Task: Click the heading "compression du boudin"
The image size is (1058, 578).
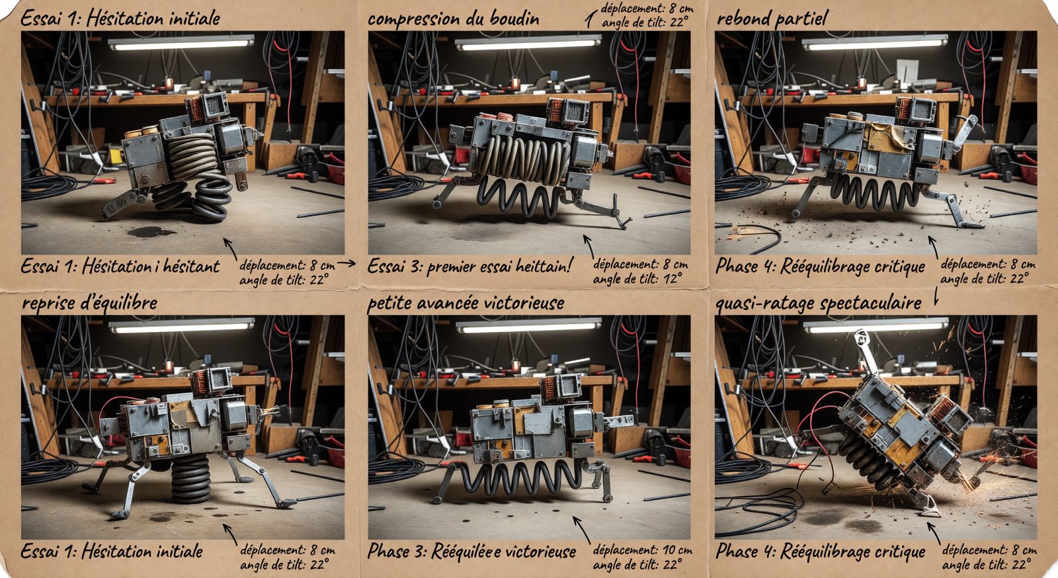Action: click(x=453, y=19)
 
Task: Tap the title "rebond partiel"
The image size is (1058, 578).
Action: click(x=772, y=19)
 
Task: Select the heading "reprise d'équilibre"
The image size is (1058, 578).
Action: click(x=90, y=302)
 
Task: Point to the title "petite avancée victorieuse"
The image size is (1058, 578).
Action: click(x=466, y=302)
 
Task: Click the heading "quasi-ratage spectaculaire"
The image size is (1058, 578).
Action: click(x=819, y=303)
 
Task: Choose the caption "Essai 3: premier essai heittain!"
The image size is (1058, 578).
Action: click(x=469, y=267)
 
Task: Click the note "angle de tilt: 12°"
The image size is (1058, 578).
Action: click(x=637, y=278)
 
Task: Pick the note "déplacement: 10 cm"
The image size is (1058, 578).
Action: click(x=642, y=550)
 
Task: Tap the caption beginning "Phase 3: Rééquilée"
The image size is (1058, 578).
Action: click(x=471, y=551)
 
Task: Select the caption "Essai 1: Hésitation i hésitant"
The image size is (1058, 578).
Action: click(x=120, y=267)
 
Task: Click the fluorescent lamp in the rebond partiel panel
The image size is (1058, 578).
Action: click(x=875, y=42)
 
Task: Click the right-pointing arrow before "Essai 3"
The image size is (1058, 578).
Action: click(x=346, y=263)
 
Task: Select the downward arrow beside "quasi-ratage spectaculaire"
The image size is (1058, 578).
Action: click(x=936, y=296)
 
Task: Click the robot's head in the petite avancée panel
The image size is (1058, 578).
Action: click(x=561, y=388)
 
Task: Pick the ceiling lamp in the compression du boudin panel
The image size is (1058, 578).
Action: click(x=528, y=42)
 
